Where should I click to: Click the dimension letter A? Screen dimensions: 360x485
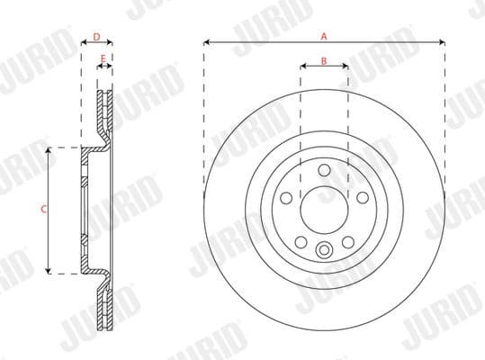point(324,35)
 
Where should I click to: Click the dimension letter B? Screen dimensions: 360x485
point(324,61)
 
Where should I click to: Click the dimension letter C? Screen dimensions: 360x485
point(44,209)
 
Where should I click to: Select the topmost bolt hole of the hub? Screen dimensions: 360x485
point(324,168)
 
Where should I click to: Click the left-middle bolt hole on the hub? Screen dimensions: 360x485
point(285,197)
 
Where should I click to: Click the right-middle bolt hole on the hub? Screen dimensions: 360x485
point(363,197)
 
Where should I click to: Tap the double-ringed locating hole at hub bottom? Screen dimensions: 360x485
point(324,251)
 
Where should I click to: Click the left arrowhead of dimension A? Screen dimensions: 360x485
point(207,41)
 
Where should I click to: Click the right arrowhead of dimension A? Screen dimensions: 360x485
point(442,41)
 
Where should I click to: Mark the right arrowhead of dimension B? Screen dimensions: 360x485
point(346,68)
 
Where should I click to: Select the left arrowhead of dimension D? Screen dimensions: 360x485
point(83,44)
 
